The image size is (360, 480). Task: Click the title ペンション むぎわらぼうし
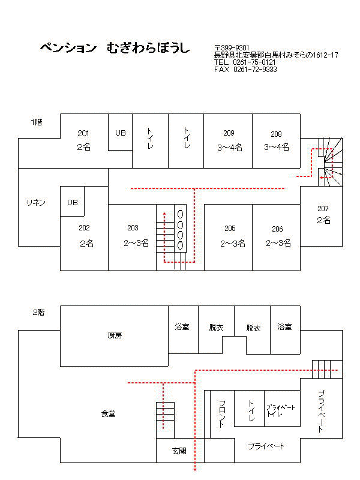pyautogui.click(x=115, y=48)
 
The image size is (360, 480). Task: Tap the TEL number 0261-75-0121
pyautogui.click(x=254, y=62)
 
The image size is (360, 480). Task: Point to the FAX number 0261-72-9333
pyautogui.click(x=255, y=70)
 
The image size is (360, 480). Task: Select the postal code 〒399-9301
pyautogui.click(x=232, y=48)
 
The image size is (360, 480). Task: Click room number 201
pyautogui.click(x=83, y=133)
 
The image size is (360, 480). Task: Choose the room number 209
pyautogui.click(x=229, y=133)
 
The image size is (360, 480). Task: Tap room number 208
pyautogui.click(x=276, y=134)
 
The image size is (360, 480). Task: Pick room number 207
pyautogui.click(x=323, y=209)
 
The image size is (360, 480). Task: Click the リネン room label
pyautogui.click(x=36, y=202)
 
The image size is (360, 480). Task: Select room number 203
pyautogui.click(x=133, y=228)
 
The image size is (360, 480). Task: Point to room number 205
pyautogui.click(x=230, y=229)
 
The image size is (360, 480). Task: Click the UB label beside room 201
pyautogui.click(x=121, y=133)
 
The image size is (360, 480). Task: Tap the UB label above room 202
pyautogui.click(x=73, y=202)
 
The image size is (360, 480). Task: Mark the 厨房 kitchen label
pyautogui.click(x=115, y=335)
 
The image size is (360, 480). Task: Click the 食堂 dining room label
pyautogui.click(x=109, y=414)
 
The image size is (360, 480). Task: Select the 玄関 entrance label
pyautogui.click(x=179, y=451)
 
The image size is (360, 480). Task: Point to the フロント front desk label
pyautogui.click(x=222, y=413)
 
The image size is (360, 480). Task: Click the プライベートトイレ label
pyautogui.click(x=280, y=410)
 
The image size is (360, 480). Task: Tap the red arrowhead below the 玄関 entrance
pyautogui.click(x=195, y=469)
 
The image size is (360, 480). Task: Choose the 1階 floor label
pyautogui.click(x=37, y=122)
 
